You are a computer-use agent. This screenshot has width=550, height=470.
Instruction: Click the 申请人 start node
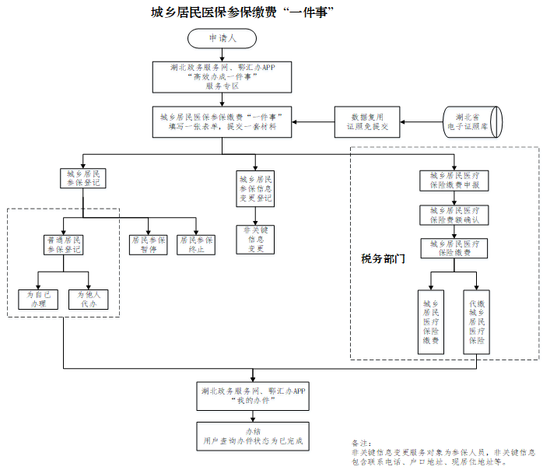click(x=222, y=37)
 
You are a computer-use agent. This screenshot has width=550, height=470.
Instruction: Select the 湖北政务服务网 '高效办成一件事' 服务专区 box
click(x=222, y=77)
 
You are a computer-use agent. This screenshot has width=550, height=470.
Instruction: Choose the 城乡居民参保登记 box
click(x=82, y=178)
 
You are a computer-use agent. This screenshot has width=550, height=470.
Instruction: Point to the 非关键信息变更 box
click(x=256, y=240)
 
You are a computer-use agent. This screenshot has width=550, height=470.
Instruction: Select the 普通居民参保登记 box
click(x=64, y=245)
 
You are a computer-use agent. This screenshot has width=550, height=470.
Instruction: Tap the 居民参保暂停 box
click(x=148, y=245)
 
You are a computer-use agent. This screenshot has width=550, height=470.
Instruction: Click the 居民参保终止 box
click(x=196, y=245)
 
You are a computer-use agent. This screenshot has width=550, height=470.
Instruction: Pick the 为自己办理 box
click(x=37, y=299)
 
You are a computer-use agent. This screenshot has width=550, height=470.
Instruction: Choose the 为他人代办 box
click(x=89, y=299)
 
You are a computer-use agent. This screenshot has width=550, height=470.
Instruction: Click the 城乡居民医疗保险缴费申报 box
click(x=454, y=181)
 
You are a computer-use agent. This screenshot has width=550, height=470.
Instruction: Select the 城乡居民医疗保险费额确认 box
click(x=454, y=215)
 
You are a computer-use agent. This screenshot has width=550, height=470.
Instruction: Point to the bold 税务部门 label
click(x=383, y=258)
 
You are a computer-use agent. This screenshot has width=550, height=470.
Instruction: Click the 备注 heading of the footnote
click(x=363, y=443)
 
